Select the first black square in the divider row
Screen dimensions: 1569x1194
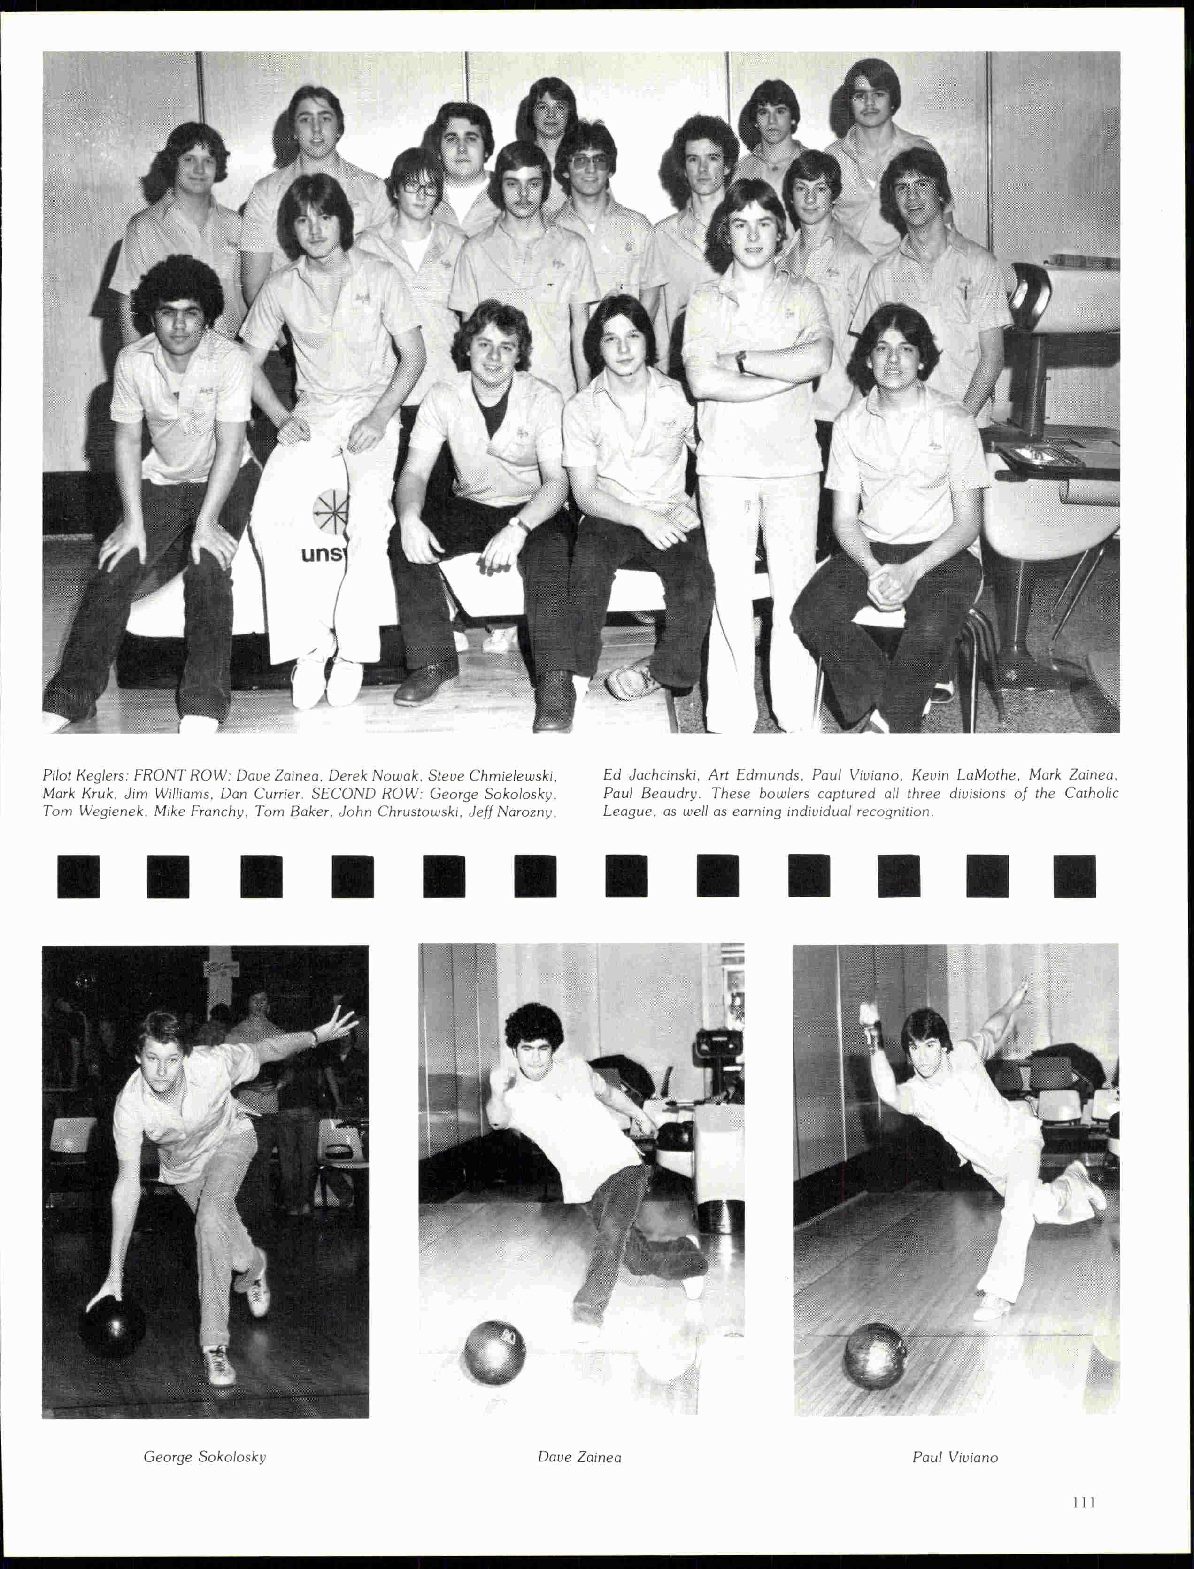click(78, 877)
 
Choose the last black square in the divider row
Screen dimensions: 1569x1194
click(1074, 877)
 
